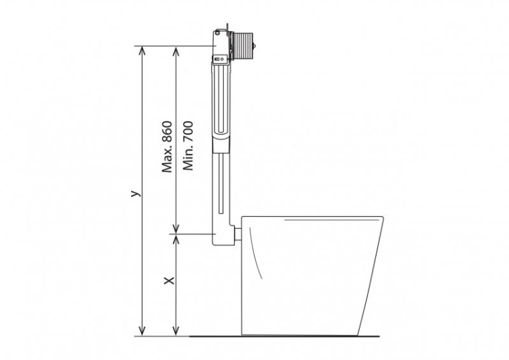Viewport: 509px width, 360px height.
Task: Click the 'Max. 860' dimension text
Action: (168, 147)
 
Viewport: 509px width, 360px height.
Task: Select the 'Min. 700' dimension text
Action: (188, 147)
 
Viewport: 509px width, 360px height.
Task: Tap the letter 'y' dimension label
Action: (135, 194)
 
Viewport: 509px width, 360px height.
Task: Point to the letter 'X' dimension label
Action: (170, 280)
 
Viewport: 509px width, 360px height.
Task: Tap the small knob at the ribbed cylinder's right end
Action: (257, 47)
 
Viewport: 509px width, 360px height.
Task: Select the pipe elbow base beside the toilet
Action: (223, 234)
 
